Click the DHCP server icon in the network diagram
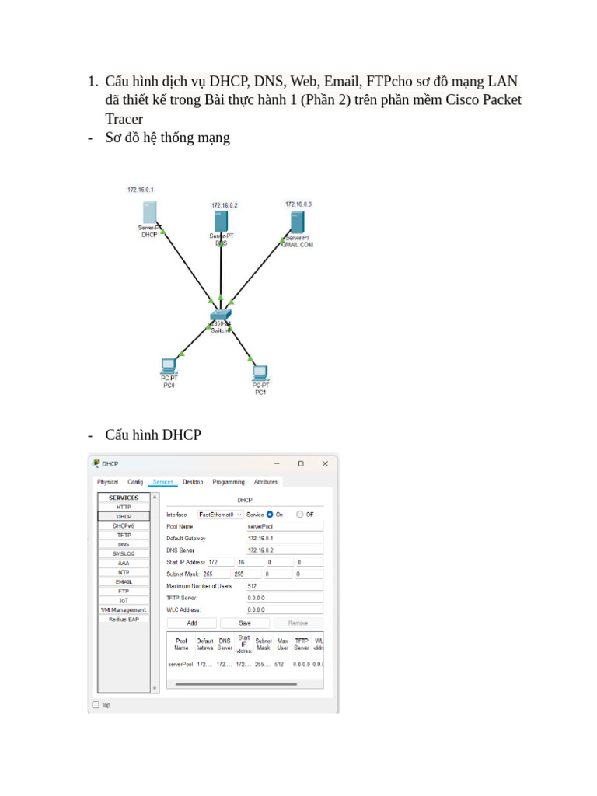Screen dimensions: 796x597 click(x=151, y=212)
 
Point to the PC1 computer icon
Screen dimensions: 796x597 click(x=260, y=372)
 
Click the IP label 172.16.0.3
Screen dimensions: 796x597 click(x=298, y=204)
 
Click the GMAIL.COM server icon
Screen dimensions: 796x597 click(x=297, y=222)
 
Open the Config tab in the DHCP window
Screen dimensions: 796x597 click(x=135, y=482)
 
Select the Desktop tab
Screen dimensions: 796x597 click(x=193, y=482)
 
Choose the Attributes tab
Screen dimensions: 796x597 click(x=265, y=482)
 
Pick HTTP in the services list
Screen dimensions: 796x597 click(x=124, y=507)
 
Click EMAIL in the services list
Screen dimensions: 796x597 click(x=124, y=581)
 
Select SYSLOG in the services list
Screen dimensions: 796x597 click(x=124, y=553)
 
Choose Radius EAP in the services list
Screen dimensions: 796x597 click(x=124, y=619)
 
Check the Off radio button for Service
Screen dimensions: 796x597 click(x=300, y=514)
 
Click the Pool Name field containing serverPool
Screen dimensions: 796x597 click(x=284, y=526)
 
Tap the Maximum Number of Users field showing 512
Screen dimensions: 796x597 click(x=284, y=586)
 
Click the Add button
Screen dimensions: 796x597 click(x=191, y=623)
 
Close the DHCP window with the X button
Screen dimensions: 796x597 click(x=325, y=463)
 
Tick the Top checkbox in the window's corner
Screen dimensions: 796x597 click(x=96, y=705)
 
